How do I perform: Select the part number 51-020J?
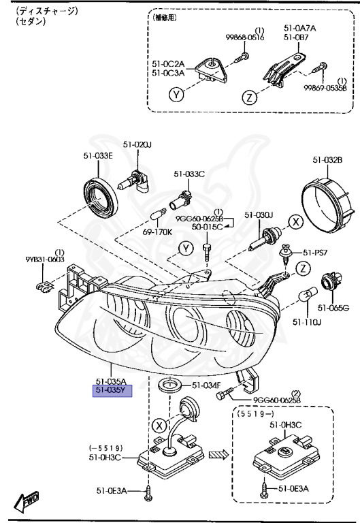pos(136,144)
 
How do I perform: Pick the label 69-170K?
pos(158,232)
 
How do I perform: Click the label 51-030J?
pos(259,215)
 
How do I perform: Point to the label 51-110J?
pos(306,321)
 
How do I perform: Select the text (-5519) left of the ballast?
pos(105,447)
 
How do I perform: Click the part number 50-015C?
pos(208,226)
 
